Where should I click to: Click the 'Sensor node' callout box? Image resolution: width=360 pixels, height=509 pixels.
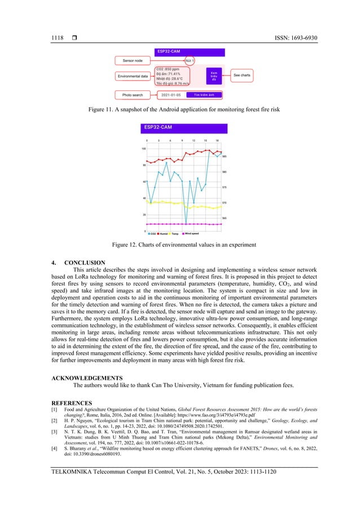133,60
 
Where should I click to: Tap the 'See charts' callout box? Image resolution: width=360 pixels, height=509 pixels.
242,74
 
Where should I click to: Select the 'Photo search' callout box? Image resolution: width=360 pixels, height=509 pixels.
134,95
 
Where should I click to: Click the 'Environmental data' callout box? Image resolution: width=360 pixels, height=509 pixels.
133,76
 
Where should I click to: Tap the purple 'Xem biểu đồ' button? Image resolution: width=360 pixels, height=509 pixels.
214,76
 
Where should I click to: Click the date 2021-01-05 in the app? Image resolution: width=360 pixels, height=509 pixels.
170,95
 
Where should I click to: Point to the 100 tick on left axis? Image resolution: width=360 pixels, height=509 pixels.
143,149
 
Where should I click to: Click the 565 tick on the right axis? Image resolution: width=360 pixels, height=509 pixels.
225,218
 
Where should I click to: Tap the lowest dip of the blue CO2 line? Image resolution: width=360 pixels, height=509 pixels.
186,224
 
